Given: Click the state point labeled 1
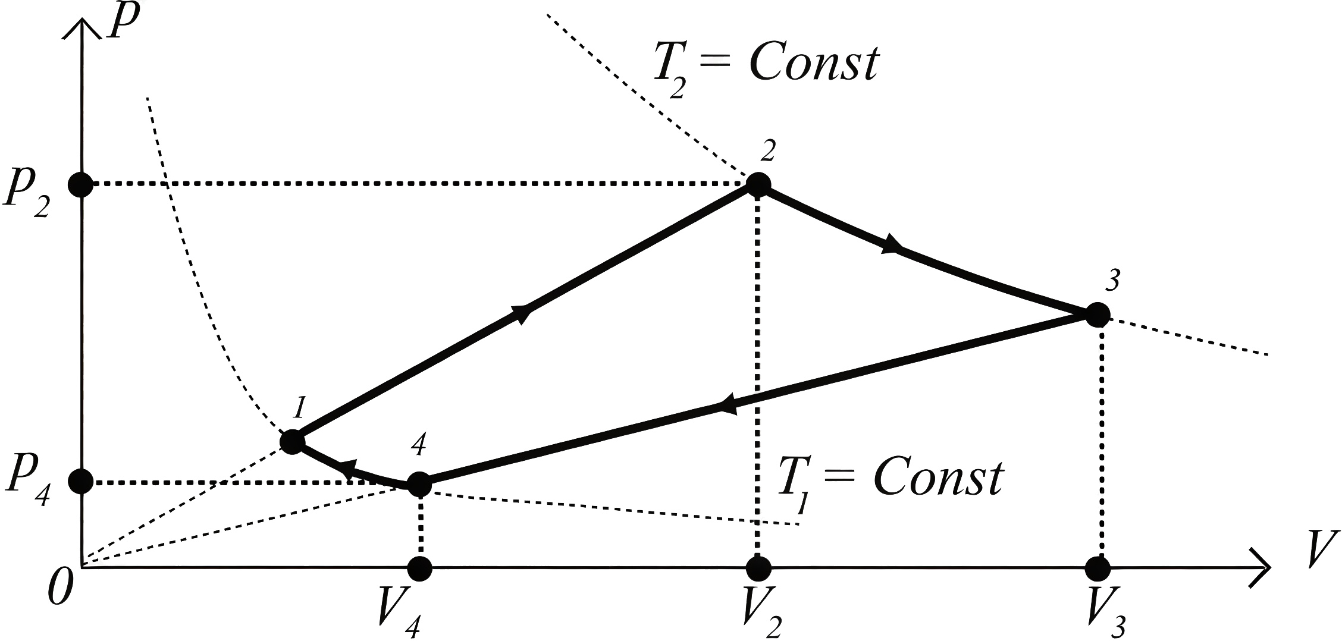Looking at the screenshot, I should (x=292, y=441).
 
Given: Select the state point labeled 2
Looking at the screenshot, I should (x=758, y=184).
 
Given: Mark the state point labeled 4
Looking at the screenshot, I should (x=419, y=485).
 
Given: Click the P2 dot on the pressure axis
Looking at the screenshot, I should (x=81, y=184).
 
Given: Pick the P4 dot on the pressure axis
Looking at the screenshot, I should (x=81, y=481).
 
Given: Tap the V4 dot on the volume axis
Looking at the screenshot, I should (x=420, y=568).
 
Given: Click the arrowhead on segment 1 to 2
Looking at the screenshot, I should (x=521, y=313).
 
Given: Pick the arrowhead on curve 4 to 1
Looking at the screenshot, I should (x=349, y=469).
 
